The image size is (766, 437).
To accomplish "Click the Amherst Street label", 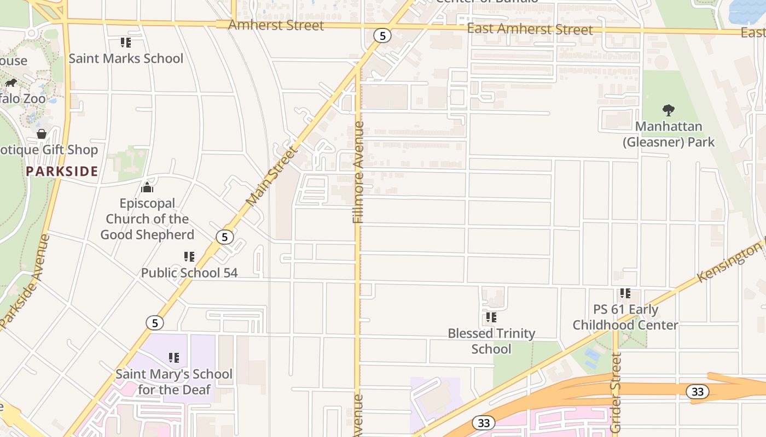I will click(x=276, y=25).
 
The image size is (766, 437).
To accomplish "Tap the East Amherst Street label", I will click(x=530, y=29).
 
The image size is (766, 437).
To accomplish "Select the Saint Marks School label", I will click(x=126, y=58).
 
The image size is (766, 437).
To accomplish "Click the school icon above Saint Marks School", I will click(x=126, y=42).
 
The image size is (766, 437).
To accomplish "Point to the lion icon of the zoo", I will click(x=11, y=83).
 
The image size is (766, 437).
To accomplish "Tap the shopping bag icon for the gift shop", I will click(x=42, y=134).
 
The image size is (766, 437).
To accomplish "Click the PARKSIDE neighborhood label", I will click(x=62, y=171).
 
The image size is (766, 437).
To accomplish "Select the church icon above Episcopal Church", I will click(x=147, y=188).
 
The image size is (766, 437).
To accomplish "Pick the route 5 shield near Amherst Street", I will click(x=382, y=36).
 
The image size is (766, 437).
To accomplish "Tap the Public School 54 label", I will click(x=189, y=273).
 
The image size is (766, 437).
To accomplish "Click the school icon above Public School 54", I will click(x=189, y=256).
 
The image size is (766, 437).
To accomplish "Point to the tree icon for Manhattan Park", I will click(x=668, y=110).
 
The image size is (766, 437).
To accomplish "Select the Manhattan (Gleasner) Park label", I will click(x=669, y=134).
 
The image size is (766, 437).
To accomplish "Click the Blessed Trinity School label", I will click(x=491, y=341).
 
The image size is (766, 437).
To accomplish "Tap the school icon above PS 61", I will click(x=625, y=293).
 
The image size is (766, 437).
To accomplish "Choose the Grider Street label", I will click(x=616, y=393).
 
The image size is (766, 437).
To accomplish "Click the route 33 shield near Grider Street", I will click(x=697, y=392).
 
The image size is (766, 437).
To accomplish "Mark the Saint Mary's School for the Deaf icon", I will click(x=174, y=358).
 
